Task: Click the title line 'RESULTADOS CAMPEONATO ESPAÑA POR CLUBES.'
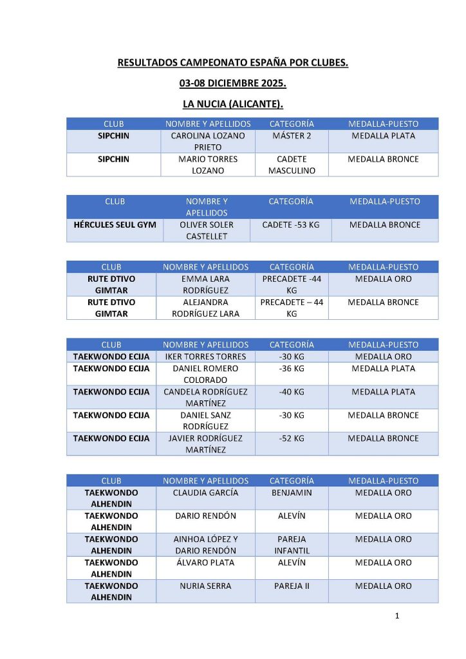[232, 63]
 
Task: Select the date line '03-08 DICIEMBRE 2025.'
[232, 84]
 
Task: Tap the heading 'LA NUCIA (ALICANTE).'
[232, 104]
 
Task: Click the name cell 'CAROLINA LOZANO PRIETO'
[208, 142]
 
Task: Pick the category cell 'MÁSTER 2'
[292, 136]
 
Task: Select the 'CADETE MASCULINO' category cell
[292, 165]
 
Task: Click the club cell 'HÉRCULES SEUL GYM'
[115, 225]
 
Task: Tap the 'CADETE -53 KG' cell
[291, 225]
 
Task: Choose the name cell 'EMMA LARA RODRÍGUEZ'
[205, 284]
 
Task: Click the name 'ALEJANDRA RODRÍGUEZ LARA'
[205, 308]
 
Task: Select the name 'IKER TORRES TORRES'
[205, 357]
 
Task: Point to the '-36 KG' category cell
[292, 369]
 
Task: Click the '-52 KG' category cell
[292, 438]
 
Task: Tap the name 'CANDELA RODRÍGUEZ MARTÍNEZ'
[205, 397]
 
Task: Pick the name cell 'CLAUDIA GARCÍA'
[205, 493]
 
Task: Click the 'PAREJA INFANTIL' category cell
[292, 544]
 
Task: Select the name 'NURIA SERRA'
[205, 586]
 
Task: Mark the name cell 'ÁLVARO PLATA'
[205, 562]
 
